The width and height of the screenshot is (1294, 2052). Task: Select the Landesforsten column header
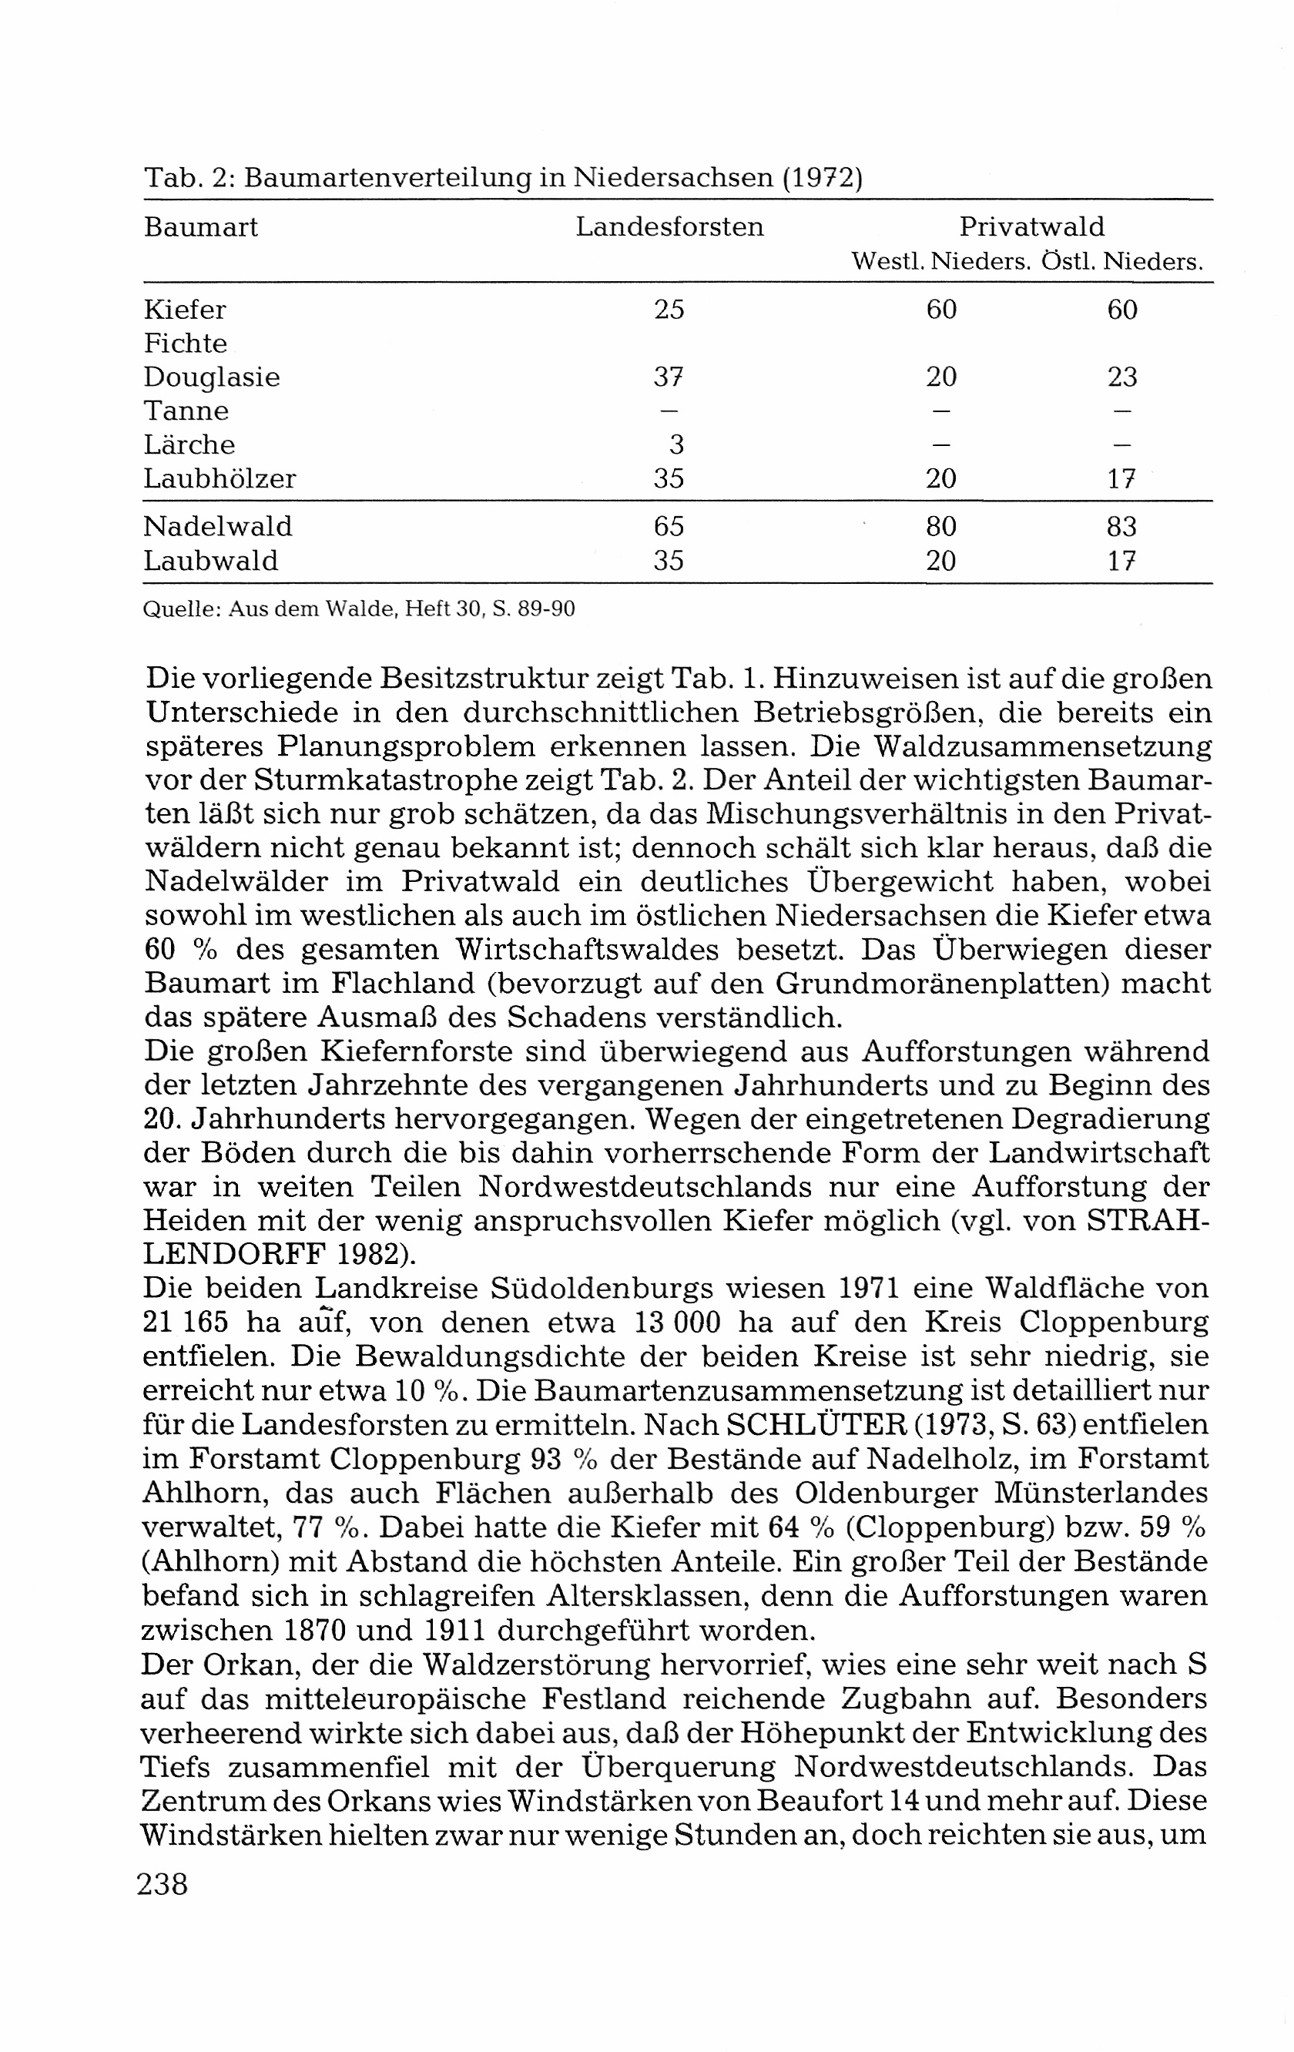click(x=669, y=226)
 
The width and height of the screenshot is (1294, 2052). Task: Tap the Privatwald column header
click(x=1031, y=226)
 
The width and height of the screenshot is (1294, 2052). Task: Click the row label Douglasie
click(x=211, y=377)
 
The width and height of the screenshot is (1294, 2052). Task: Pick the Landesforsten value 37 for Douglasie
click(x=669, y=377)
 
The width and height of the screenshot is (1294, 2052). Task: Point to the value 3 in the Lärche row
click(x=677, y=444)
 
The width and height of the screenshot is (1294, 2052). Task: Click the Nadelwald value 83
click(x=1122, y=527)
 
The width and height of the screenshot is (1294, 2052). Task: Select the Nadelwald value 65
click(x=669, y=527)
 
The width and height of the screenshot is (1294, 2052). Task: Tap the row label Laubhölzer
click(x=219, y=479)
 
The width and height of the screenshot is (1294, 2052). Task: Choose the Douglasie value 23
click(x=1122, y=377)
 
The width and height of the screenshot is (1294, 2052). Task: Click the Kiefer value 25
click(x=669, y=310)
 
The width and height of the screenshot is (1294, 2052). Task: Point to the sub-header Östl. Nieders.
click(x=1123, y=262)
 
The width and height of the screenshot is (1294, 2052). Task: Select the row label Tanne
click(x=186, y=411)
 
